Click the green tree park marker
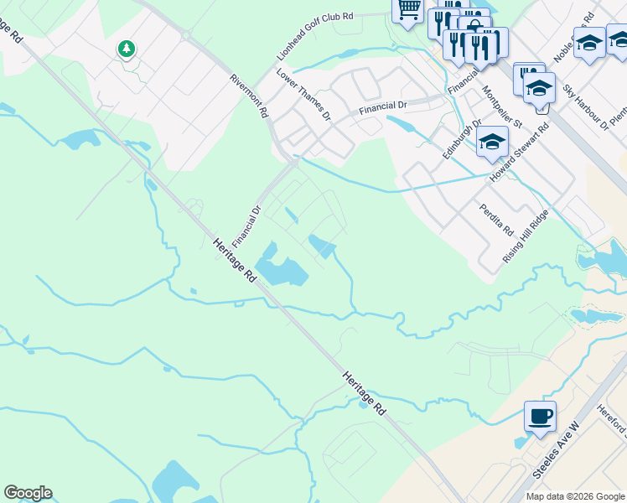127,49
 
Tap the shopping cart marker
407,10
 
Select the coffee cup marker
540,416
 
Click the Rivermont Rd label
250,95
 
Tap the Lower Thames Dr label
303,95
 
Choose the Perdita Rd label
496,219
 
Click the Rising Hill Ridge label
526,236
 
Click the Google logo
28,493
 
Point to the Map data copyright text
576,496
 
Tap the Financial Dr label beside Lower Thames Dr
382,106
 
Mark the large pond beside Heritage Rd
282,270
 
